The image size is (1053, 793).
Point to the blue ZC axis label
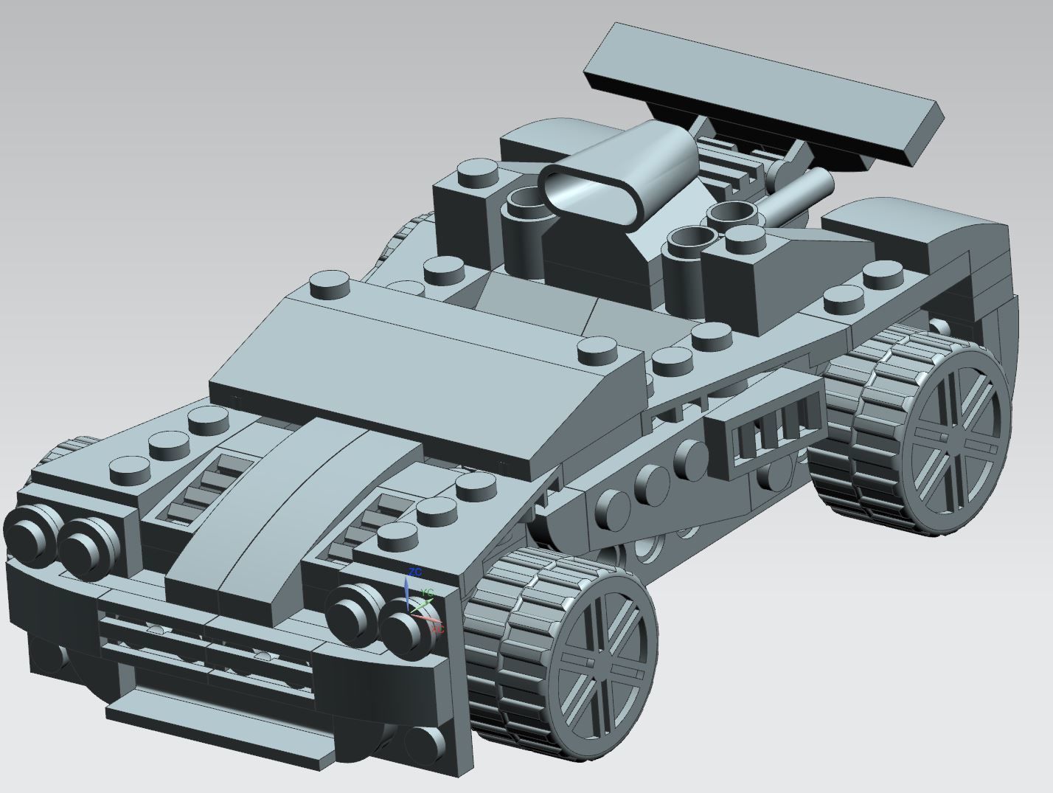tap(415, 572)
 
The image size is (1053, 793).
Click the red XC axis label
tap(437, 629)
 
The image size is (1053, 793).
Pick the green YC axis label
tap(427, 592)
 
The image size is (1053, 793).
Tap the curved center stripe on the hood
tap(295, 509)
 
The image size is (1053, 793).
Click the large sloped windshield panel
tap(428, 369)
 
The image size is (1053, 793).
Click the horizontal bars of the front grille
tap(206, 642)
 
